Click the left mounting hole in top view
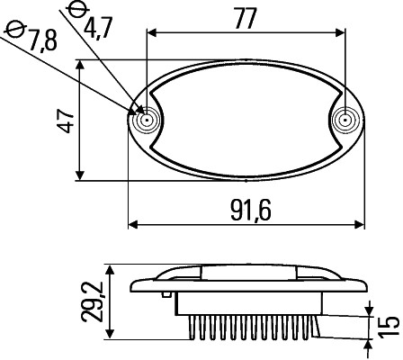pyautogui.click(x=145, y=119)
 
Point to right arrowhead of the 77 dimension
pyautogui.click(x=342, y=33)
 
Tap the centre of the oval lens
pyautogui.click(x=246, y=119)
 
